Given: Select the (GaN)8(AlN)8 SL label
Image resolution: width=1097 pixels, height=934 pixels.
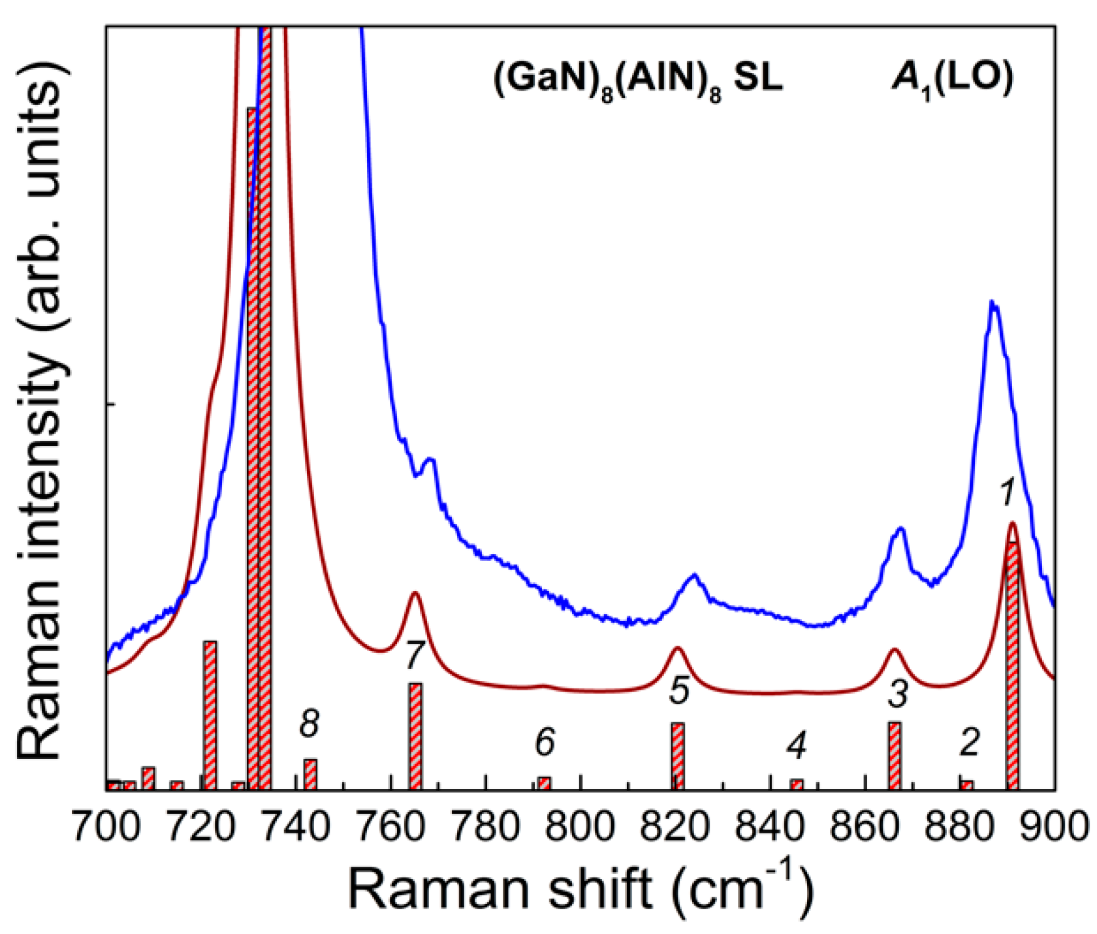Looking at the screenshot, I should click(x=637, y=82).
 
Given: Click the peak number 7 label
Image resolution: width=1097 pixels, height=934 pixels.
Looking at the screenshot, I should click(x=415, y=656).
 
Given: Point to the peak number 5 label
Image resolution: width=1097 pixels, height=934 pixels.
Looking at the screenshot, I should click(x=680, y=690).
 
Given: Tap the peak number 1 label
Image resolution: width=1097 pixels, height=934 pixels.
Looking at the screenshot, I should click(x=1008, y=492).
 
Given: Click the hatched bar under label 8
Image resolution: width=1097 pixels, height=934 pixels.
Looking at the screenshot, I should click(x=310, y=774).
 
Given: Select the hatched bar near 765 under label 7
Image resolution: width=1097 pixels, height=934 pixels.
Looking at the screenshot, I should click(x=415, y=736).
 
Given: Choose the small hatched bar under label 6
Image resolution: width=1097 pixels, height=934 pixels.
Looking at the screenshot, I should click(x=544, y=783).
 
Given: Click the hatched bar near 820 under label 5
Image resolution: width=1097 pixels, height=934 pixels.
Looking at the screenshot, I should click(x=678, y=756).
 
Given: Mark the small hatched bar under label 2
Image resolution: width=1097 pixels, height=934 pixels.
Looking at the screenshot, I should click(x=967, y=784).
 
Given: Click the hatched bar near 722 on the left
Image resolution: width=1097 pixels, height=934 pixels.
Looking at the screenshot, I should click(x=210, y=715).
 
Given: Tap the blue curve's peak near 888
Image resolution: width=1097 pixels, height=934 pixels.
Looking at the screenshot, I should click(x=993, y=303).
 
